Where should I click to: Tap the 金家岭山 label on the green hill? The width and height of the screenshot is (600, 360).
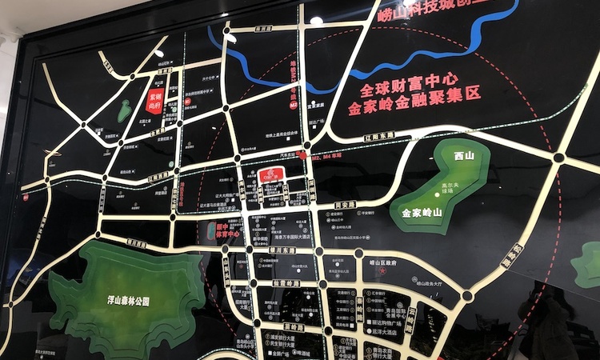(x=420, y=212)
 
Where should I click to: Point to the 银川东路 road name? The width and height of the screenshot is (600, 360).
(x=282, y=250)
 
